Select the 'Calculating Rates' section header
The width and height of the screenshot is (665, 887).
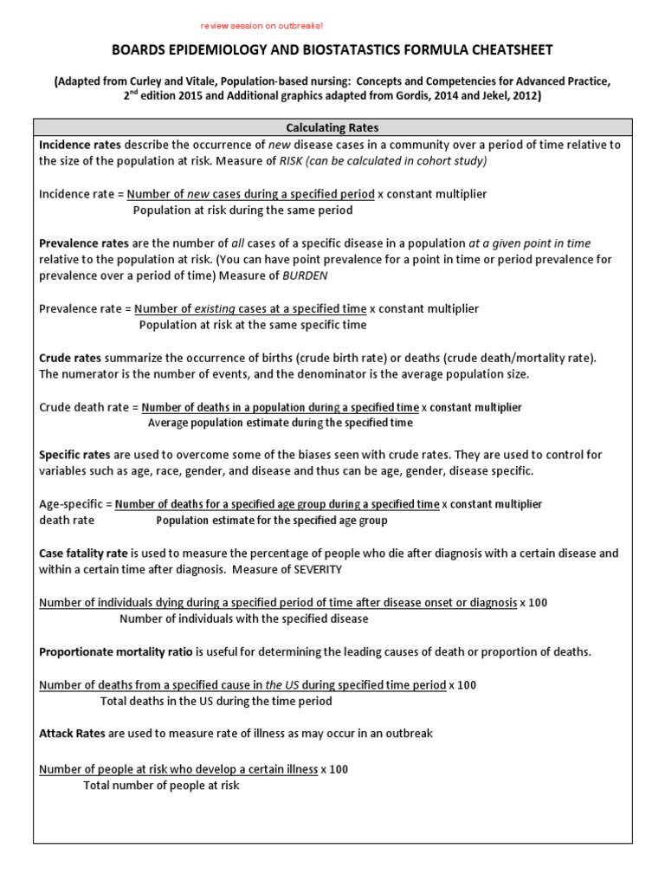(x=332, y=127)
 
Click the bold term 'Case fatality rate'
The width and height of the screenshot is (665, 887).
(x=83, y=553)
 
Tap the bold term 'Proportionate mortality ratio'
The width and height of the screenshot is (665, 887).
(x=116, y=651)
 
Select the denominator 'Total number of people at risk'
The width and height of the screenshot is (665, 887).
(x=161, y=785)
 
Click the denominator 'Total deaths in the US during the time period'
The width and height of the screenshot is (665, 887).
(x=216, y=701)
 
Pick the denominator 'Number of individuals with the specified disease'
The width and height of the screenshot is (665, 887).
(x=243, y=618)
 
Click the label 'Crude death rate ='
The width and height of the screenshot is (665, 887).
(x=88, y=407)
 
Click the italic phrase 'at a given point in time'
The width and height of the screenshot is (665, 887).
(x=530, y=243)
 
